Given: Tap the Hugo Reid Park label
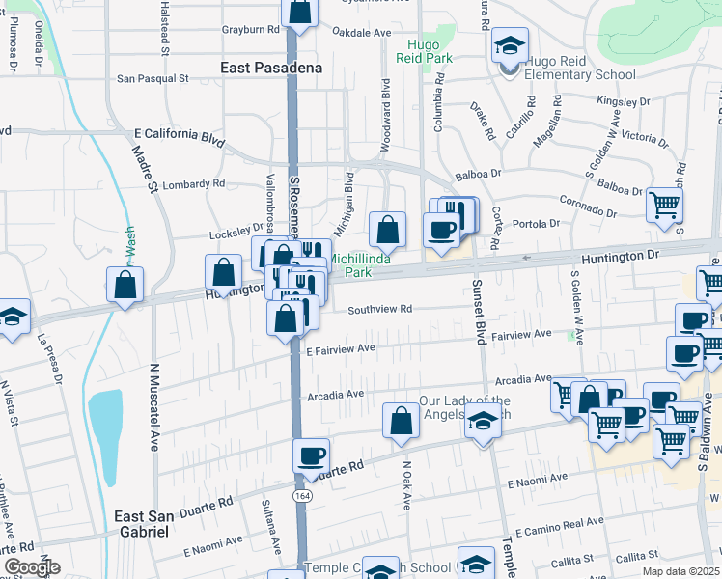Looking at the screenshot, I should (424, 51).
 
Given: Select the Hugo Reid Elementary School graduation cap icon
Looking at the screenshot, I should (509, 45).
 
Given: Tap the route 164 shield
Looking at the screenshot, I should (302, 494).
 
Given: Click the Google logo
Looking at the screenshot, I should (31, 567).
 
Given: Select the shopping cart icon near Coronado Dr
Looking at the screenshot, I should (664, 205).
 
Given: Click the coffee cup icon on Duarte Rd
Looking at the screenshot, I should (311, 455).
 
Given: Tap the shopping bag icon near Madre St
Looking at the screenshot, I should (126, 284).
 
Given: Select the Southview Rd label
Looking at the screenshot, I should (380, 310).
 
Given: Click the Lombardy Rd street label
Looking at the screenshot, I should (193, 183).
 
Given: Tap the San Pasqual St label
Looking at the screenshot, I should (153, 78).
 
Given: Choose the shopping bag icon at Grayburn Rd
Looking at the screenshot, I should (300, 12).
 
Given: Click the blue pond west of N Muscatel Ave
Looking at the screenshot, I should (105, 417).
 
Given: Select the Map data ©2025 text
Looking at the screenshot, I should (680, 571).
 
